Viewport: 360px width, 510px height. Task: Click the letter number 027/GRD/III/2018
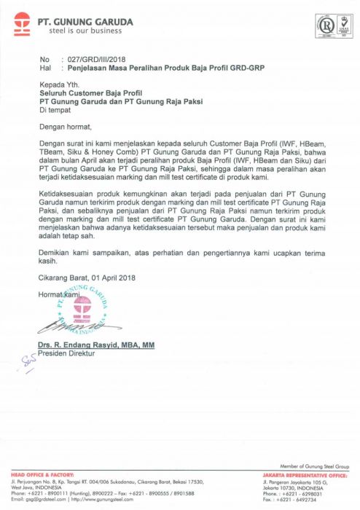pyautogui.click(x=94, y=58)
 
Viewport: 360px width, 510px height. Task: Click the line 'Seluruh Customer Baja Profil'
pyautogui.click(x=90, y=93)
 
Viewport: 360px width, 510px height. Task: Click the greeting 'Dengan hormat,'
pyautogui.click(x=65, y=127)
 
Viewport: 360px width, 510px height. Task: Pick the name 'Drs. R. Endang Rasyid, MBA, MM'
pyautogui.click(x=97, y=344)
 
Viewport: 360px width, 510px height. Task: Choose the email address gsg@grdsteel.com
pyautogui.click(x=43, y=500)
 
